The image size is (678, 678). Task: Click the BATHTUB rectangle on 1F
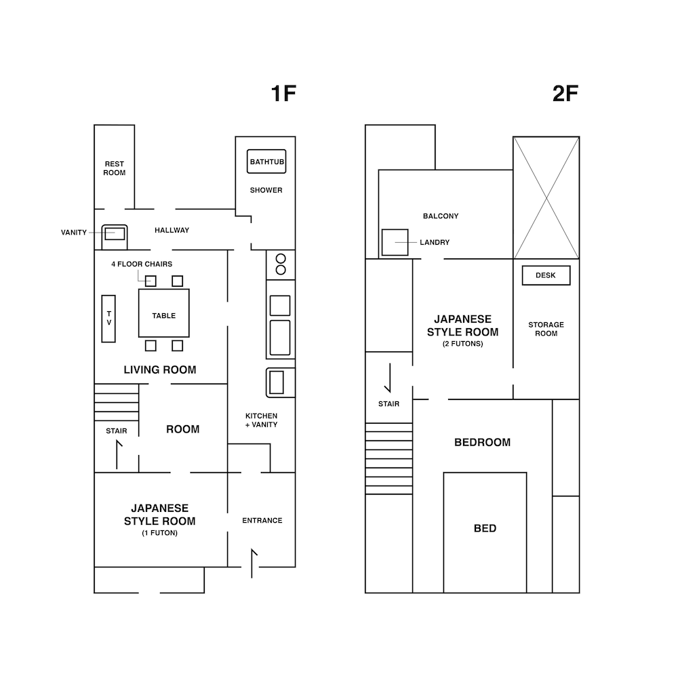[266, 161]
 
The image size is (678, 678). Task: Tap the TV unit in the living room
[108, 319]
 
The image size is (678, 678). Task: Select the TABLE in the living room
[164, 313]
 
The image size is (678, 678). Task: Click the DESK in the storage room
[546, 275]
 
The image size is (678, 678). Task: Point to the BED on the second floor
[485, 532]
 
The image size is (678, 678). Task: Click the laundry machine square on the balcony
[395, 242]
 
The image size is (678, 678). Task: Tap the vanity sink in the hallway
[115, 237]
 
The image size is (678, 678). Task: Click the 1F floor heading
[283, 94]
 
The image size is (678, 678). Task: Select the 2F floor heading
[565, 94]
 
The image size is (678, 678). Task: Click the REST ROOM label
[114, 168]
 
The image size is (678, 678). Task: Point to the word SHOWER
[266, 191]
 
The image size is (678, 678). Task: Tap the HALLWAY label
[172, 231]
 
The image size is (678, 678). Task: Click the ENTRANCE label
[262, 521]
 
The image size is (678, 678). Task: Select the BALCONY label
[441, 216]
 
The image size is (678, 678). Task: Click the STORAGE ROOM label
[546, 329]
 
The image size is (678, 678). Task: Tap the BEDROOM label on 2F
[483, 442]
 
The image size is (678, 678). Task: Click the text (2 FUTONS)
[462, 344]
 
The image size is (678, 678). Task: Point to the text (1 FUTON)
[159, 533]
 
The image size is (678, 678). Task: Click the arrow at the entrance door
[252, 563]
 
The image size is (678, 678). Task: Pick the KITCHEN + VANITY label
[262, 420]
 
